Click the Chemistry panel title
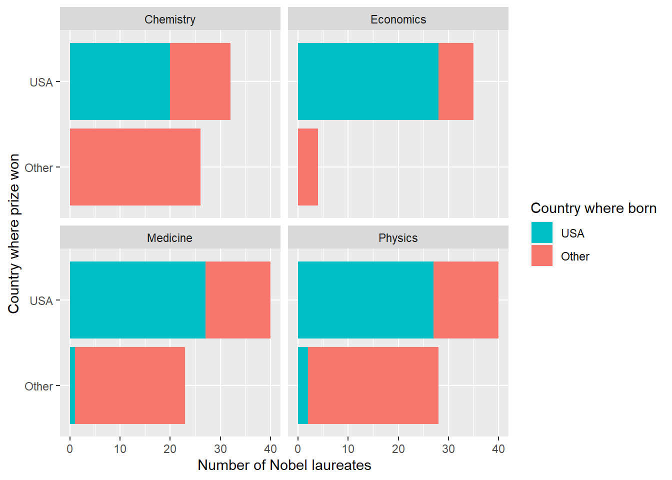point(170,19)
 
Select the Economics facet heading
point(398,19)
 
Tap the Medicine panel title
point(170,238)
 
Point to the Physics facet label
point(398,238)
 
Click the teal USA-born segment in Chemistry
point(120,81)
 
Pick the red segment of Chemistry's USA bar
point(200,81)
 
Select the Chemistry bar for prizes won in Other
point(135,167)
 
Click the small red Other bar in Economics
point(308,167)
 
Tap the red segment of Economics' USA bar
point(456,81)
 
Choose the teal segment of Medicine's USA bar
point(137,300)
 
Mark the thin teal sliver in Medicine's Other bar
point(72,385)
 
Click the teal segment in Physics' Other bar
point(303,385)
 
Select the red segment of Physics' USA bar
point(466,300)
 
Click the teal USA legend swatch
point(542,233)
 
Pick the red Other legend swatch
point(542,256)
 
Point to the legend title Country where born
point(593,208)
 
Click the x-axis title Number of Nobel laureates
point(284,465)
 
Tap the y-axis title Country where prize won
point(13,233)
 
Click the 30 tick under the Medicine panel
point(220,449)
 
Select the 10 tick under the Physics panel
point(348,449)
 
